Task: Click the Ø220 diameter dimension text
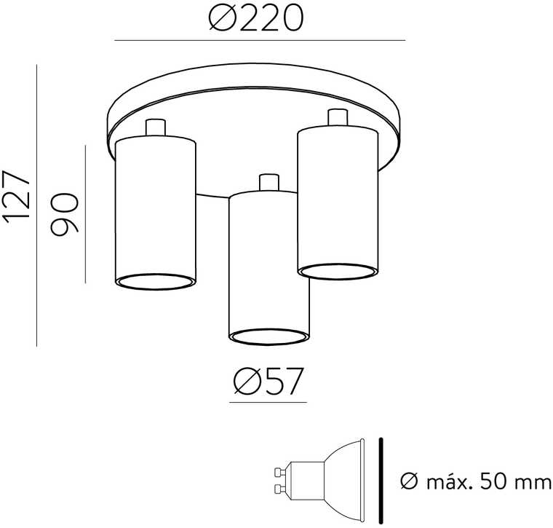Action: [256, 18]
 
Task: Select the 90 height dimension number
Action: [64, 214]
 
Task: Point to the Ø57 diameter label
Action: [268, 381]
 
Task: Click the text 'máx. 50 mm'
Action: [488, 481]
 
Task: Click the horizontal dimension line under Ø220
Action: [260, 41]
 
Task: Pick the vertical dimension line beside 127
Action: [36, 205]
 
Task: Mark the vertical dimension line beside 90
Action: [85, 214]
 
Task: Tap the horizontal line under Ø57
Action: [268, 402]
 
